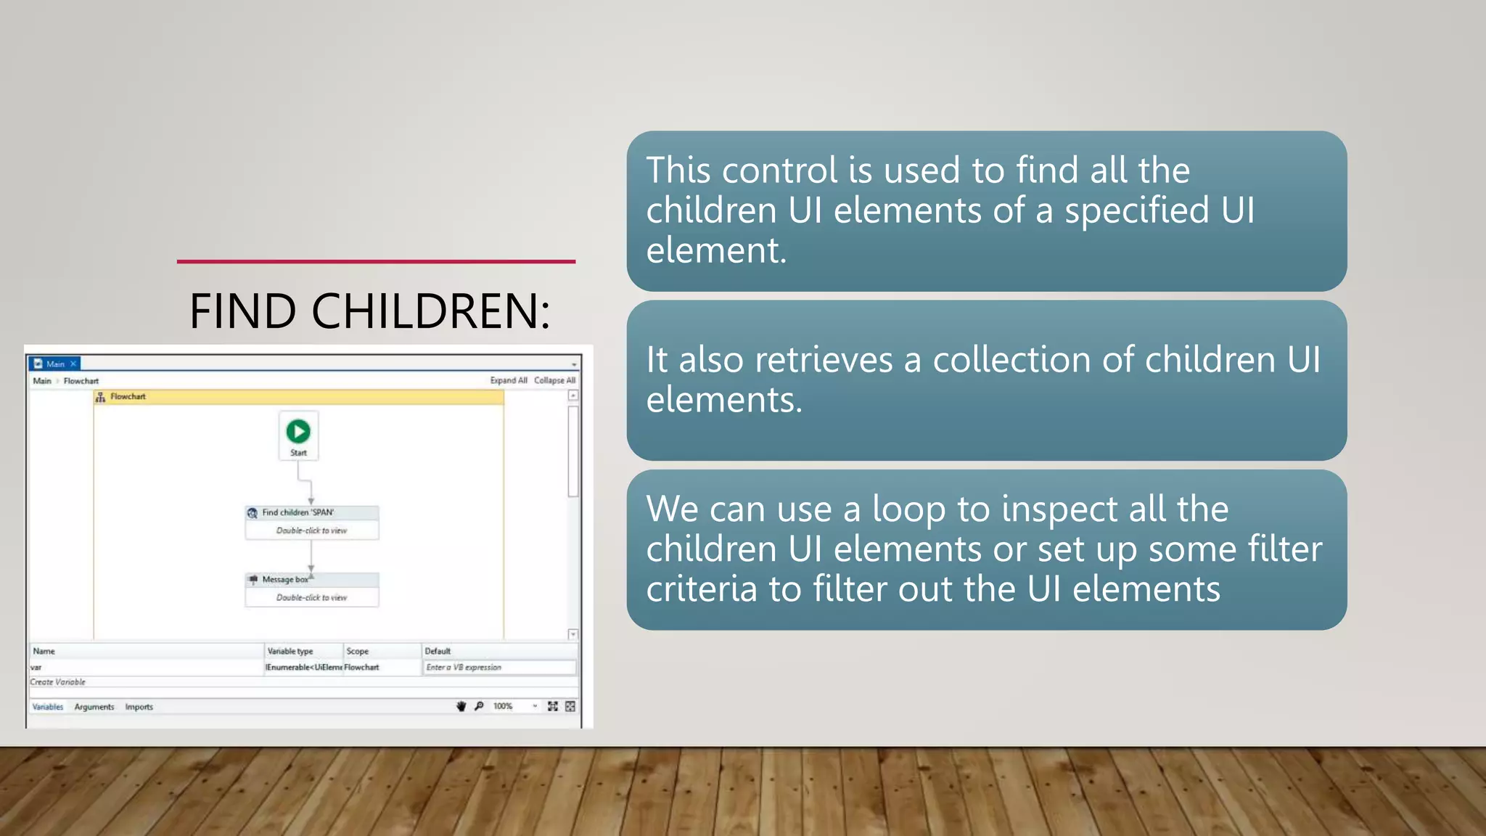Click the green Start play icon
pyautogui.click(x=298, y=431)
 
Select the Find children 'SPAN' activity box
pyautogui.click(x=312, y=521)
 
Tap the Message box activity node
pyautogui.click(x=312, y=589)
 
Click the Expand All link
pyautogui.click(x=508, y=380)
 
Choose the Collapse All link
pyautogui.click(x=554, y=380)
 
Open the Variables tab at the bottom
pyautogui.click(x=48, y=707)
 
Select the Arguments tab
pyautogui.click(x=94, y=707)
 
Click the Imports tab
pyautogui.click(x=139, y=707)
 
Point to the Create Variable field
pyautogui.click(x=58, y=682)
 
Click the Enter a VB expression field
pyautogui.click(x=499, y=667)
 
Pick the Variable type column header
pyautogui.click(x=290, y=651)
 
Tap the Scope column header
pyautogui.click(x=358, y=651)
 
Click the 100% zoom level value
pyautogui.click(x=503, y=706)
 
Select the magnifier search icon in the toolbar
pyautogui.click(x=479, y=706)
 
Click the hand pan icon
pyautogui.click(x=461, y=706)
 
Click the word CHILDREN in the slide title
pyautogui.click(x=431, y=311)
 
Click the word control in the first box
pyautogui.click(x=779, y=171)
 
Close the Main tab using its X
pyautogui.click(x=73, y=364)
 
